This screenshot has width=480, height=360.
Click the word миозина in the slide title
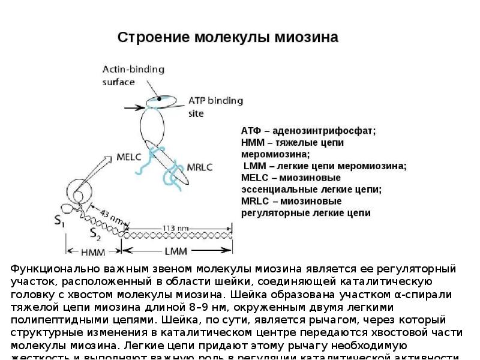pos(307,37)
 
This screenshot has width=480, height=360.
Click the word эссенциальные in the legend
pos(271,189)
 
